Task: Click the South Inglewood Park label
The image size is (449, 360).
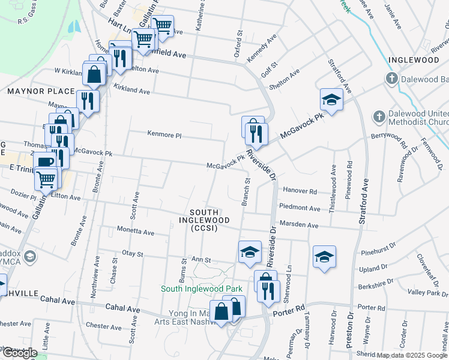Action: [201, 289]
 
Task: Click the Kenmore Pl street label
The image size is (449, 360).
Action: [164, 136]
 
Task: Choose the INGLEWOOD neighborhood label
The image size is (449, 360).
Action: [413, 60]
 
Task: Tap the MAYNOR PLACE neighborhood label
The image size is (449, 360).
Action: [41, 92]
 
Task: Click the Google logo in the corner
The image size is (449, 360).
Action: [20, 352]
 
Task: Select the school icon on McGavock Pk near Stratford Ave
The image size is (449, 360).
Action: [331, 99]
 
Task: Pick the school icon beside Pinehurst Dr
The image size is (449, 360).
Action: [324, 257]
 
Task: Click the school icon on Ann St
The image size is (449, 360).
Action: [250, 252]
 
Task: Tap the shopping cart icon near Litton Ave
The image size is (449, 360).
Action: [47, 178]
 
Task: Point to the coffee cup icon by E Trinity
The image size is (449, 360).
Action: [44, 162]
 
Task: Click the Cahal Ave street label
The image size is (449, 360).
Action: [122, 309]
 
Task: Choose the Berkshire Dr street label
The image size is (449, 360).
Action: [376, 280]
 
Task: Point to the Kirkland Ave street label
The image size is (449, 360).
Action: [132, 90]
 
